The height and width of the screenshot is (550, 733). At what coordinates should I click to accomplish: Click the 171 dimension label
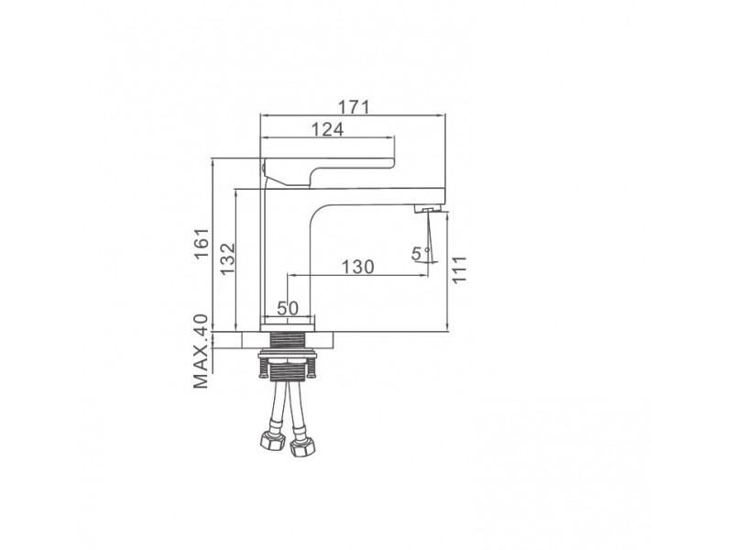click(354, 107)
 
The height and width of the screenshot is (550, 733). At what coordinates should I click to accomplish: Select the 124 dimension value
click(327, 129)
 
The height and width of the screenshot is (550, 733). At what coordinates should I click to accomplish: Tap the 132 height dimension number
click(227, 258)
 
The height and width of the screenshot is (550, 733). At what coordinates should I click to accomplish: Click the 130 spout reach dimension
click(357, 267)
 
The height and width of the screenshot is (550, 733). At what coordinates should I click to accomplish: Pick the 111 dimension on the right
click(460, 269)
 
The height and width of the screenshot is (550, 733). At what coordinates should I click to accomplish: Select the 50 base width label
click(288, 308)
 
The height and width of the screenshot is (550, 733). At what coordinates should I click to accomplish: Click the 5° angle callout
click(421, 254)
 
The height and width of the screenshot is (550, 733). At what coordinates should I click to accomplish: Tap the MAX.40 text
click(201, 351)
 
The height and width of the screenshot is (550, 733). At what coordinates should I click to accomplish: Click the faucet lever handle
click(327, 170)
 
